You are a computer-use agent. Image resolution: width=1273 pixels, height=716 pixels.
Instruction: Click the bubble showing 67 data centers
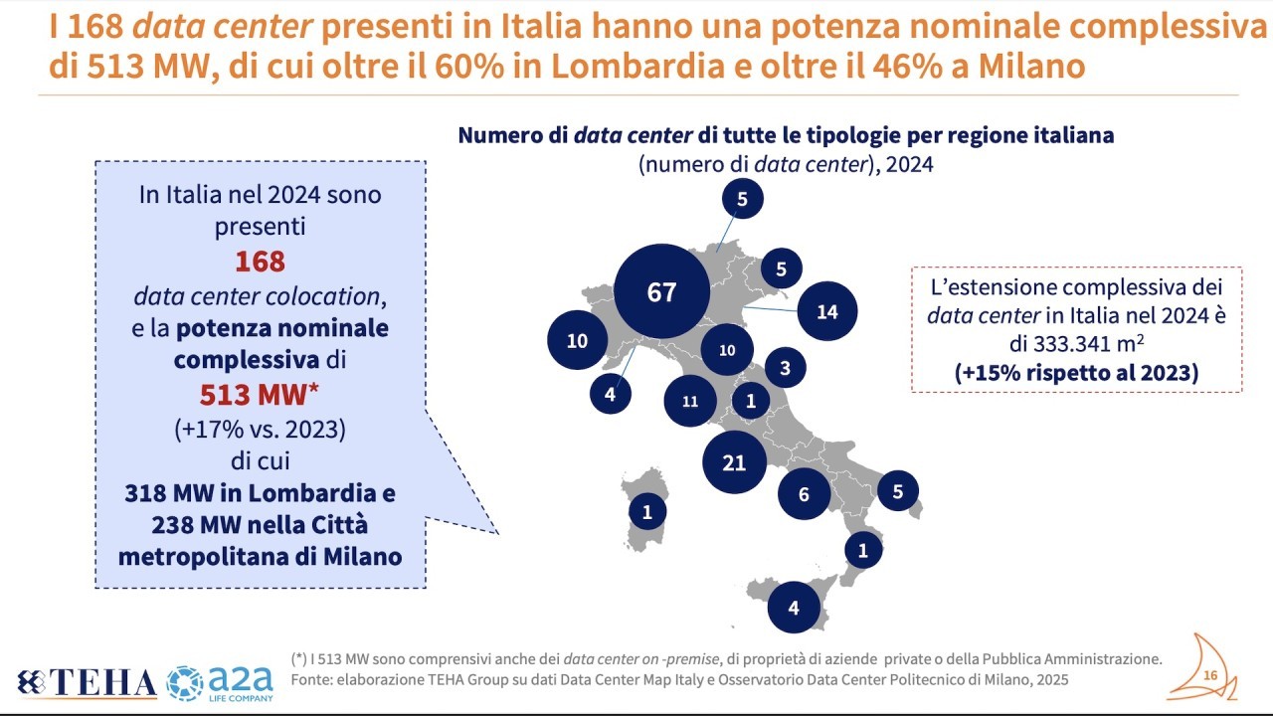coord(661,292)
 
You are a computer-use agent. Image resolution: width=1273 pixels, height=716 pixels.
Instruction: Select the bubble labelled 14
coord(827,311)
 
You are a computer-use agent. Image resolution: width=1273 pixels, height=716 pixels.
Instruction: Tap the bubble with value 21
coord(734,462)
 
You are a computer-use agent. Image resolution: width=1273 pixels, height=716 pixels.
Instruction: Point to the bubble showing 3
coord(785,368)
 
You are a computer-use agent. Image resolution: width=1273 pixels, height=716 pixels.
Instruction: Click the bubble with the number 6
coord(804,494)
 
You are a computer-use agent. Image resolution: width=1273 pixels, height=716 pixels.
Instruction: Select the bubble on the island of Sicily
coord(793,607)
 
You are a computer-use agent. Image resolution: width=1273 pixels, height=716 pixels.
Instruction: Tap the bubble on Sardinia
coord(647,512)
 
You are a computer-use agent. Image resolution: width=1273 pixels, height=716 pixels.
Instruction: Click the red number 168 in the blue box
coord(260,262)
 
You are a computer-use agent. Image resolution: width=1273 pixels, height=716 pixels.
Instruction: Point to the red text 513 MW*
coord(260,395)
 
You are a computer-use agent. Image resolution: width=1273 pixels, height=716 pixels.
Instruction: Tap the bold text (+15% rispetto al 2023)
coord(1076,373)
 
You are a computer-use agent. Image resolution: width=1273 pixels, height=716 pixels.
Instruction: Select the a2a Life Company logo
coord(220,682)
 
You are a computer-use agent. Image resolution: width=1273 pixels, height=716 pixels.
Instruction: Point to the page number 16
coord(1210,676)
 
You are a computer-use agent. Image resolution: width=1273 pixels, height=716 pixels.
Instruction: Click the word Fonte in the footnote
coord(313,679)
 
